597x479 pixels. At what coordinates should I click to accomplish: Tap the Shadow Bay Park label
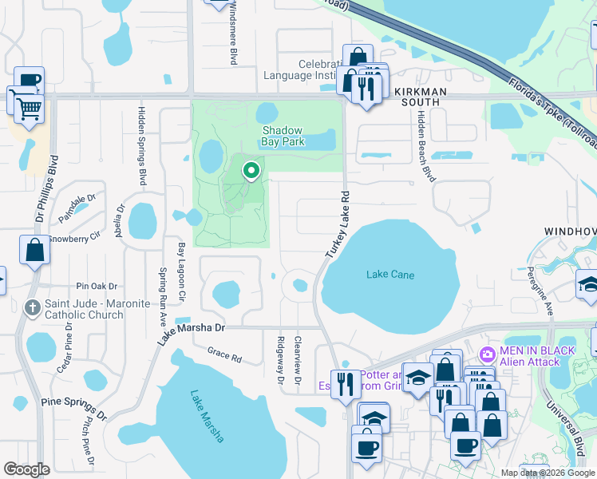[x=283, y=137]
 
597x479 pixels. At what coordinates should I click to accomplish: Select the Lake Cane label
[x=389, y=275]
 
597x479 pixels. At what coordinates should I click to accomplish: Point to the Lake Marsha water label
[x=207, y=416]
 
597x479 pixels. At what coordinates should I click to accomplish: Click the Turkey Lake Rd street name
[x=338, y=224]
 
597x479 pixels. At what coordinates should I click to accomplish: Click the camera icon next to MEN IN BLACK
[x=486, y=353]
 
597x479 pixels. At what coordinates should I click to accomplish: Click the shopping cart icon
[x=29, y=106]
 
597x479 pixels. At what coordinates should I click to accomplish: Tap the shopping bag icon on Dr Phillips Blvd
[x=35, y=249]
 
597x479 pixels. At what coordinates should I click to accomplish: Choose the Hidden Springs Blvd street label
[x=142, y=144]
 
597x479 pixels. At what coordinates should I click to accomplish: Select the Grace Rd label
[x=224, y=354]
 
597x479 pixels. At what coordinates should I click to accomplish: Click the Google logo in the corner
[x=27, y=469]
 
